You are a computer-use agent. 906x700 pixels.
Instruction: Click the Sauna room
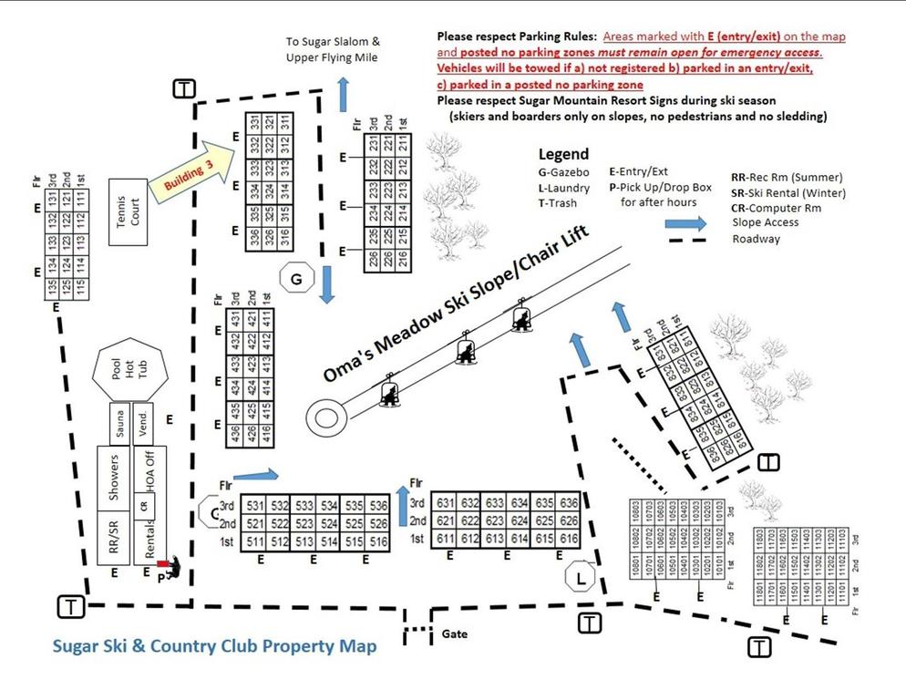tap(118, 423)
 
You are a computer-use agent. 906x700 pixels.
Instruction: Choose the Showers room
tap(114, 477)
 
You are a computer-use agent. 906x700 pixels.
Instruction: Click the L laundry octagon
tap(580, 576)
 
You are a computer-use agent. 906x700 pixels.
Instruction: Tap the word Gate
tap(455, 632)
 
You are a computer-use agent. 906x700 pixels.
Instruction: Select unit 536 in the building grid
tap(378, 505)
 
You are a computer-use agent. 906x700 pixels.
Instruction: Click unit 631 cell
tap(446, 502)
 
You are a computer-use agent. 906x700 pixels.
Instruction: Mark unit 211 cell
tap(403, 144)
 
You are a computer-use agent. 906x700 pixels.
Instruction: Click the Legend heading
tap(563, 154)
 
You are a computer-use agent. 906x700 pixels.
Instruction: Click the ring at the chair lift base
tap(325, 417)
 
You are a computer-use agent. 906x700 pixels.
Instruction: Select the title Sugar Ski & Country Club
tap(213, 646)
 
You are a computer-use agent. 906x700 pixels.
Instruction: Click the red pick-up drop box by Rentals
tap(162, 564)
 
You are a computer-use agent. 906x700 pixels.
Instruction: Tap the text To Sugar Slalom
tap(333, 42)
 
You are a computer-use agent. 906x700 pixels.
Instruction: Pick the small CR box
tap(143, 504)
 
